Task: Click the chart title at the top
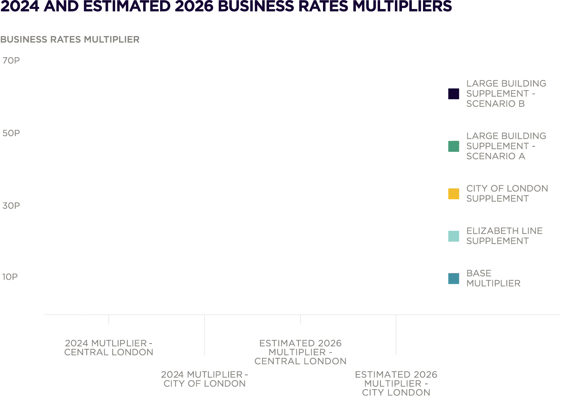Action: point(226,6)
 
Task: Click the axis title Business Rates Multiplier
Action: point(70,39)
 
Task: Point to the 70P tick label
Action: point(11,61)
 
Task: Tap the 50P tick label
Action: point(11,133)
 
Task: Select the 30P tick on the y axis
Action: point(11,206)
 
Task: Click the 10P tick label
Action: point(10,277)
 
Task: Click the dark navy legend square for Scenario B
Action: point(453,94)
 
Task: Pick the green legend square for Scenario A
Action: point(453,146)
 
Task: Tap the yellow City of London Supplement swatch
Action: point(453,194)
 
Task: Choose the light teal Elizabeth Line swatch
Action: point(453,236)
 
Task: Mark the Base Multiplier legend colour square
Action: point(453,279)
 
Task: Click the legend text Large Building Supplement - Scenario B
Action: point(506,94)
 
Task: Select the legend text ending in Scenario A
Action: point(506,146)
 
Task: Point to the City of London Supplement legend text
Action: point(507,194)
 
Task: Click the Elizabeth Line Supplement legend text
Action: point(504,236)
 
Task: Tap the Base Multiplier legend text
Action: point(493,279)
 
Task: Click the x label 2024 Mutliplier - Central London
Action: point(109,348)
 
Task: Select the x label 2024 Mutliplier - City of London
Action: point(205,379)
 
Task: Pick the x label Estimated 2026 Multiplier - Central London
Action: point(300,352)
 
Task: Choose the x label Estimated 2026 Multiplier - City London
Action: point(396,383)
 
